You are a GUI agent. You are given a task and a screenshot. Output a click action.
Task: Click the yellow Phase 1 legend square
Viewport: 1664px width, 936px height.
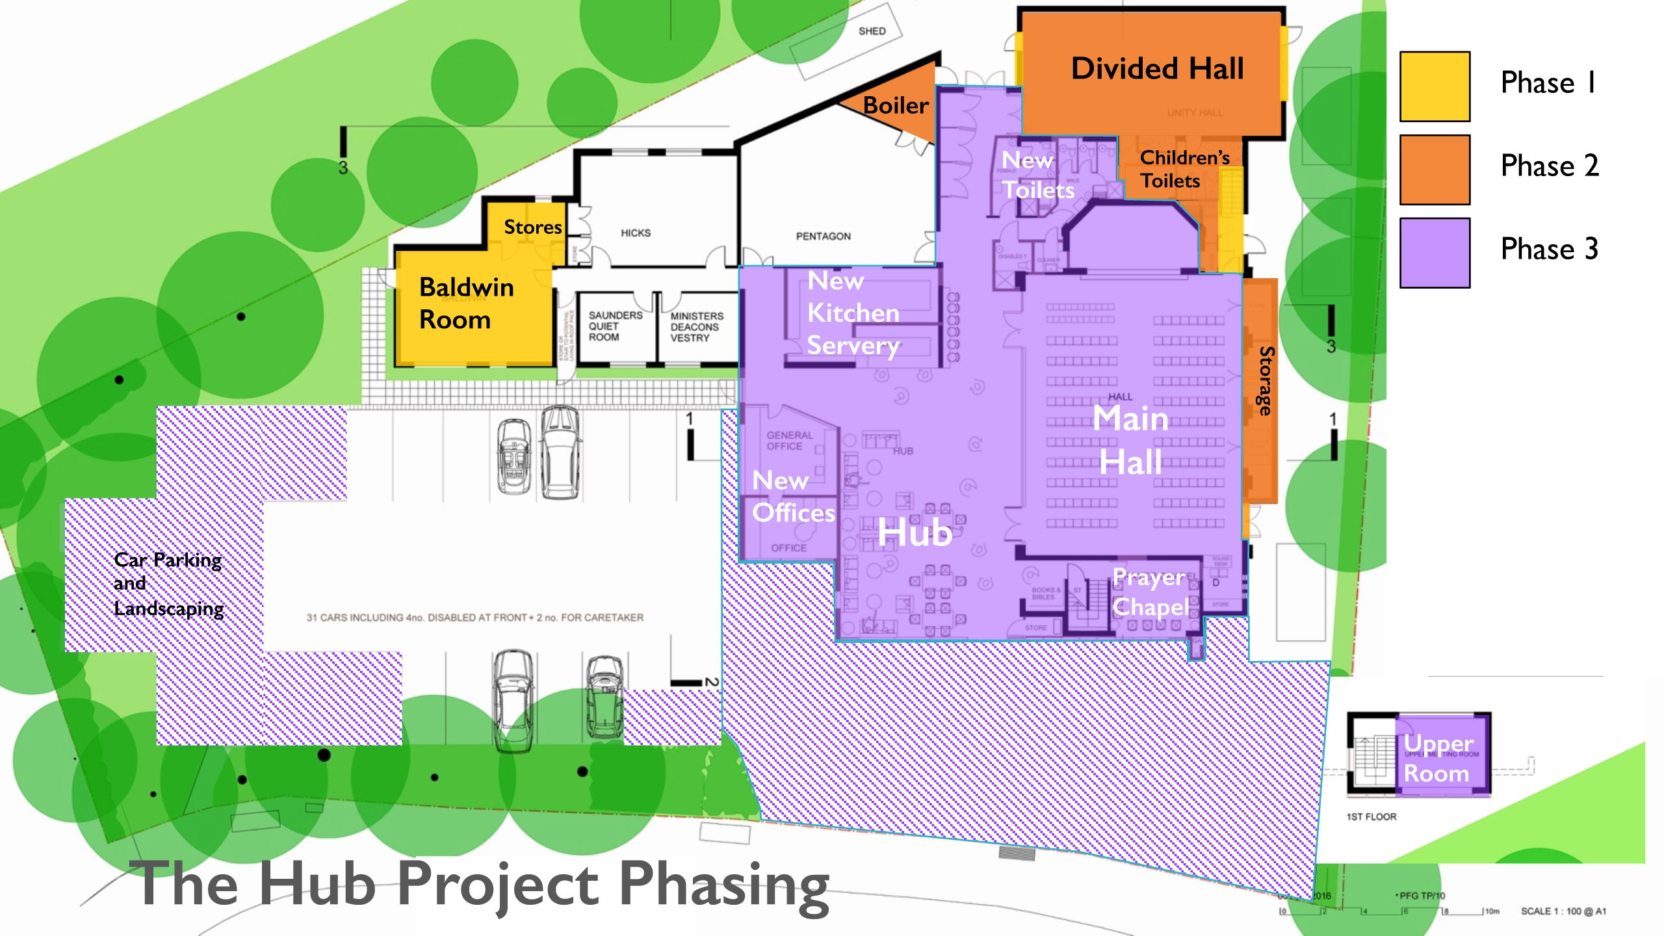pos(1435,86)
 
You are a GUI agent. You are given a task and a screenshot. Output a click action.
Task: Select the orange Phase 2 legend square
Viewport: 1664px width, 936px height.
pos(1435,170)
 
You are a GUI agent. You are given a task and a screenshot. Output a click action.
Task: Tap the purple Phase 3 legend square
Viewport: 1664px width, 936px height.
pos(1435,253)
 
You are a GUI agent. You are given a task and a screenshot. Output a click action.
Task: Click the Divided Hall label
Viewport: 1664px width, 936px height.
pos(1157,68)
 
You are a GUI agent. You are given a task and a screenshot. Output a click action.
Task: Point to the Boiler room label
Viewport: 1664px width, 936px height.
pos(896,105)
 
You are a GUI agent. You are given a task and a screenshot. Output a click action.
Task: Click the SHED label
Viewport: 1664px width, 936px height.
pos(872,31)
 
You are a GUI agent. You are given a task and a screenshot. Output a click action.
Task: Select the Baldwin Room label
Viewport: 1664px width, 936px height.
pos(466,303)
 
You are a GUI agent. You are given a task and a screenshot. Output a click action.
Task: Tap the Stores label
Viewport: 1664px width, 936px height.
pos(532,227)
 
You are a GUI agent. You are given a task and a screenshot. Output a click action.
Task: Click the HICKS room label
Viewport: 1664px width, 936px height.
pos(635,233)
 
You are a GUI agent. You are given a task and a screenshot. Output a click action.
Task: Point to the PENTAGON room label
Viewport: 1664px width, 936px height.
pos(823,236)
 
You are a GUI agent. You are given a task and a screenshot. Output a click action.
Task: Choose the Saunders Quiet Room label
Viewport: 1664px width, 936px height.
pos(614,326)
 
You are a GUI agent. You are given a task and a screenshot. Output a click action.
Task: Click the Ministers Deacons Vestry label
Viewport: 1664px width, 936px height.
pos(696,326)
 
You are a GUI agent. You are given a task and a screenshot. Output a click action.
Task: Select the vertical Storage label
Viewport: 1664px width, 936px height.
pos(1265,381)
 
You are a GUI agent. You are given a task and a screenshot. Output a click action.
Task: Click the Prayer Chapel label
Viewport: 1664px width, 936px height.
pos(1149,592)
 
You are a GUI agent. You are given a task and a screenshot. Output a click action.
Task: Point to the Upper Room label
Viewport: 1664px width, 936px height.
pos(1438,758)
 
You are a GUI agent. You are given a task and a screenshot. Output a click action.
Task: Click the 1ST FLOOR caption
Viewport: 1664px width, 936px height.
pos(1371,816)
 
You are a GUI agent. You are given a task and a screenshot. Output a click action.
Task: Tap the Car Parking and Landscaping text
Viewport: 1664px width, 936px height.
pos(168,584)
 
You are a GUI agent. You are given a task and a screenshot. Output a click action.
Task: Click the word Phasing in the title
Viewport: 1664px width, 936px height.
pos(723,884)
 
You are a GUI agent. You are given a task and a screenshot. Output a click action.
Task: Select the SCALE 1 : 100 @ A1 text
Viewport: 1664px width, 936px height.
pos(1563,911)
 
